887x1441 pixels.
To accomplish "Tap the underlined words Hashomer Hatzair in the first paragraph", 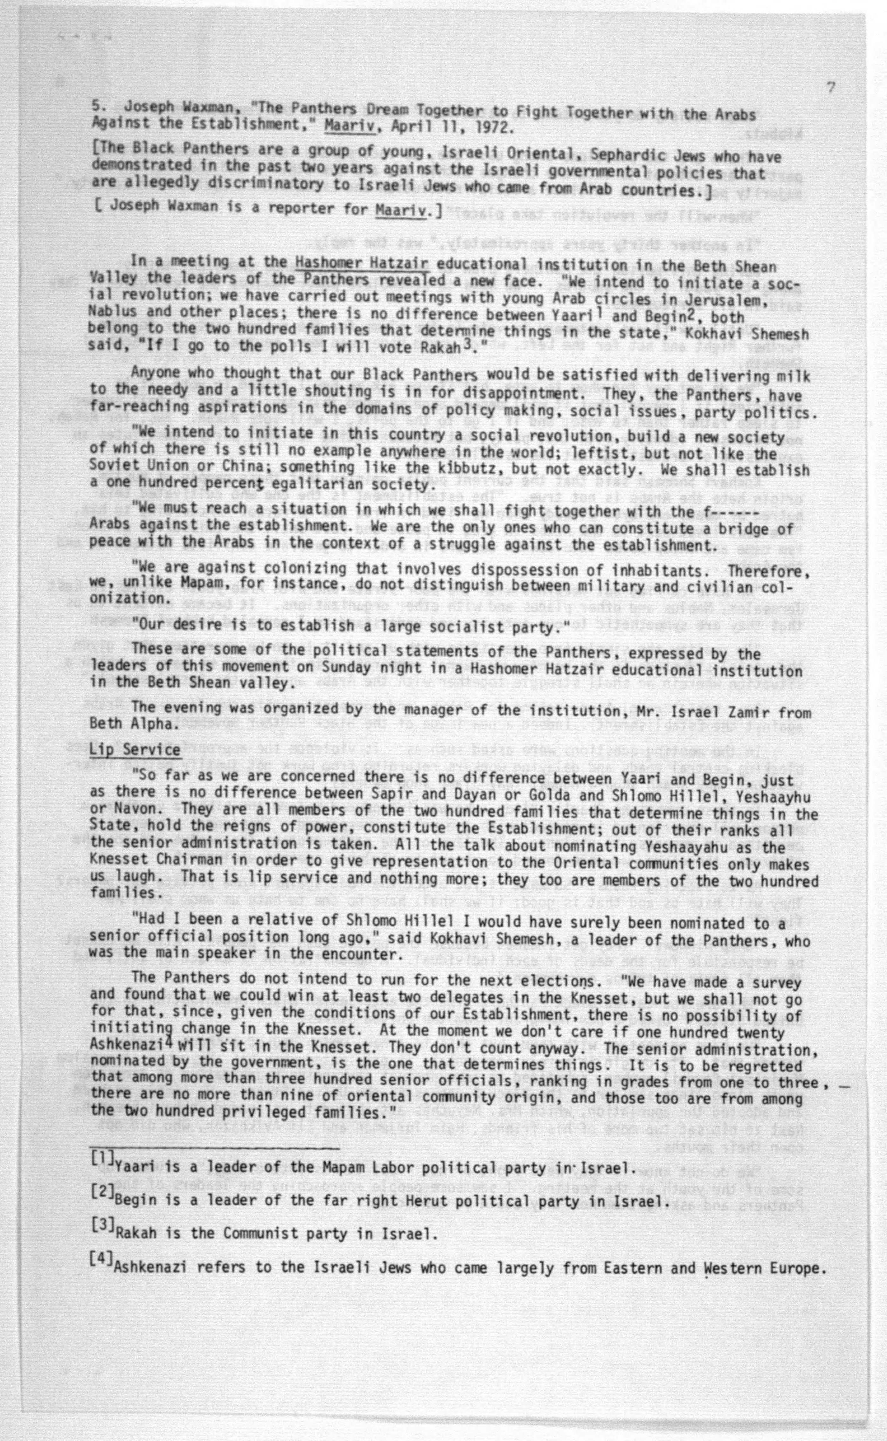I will click(x=362, y=263).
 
